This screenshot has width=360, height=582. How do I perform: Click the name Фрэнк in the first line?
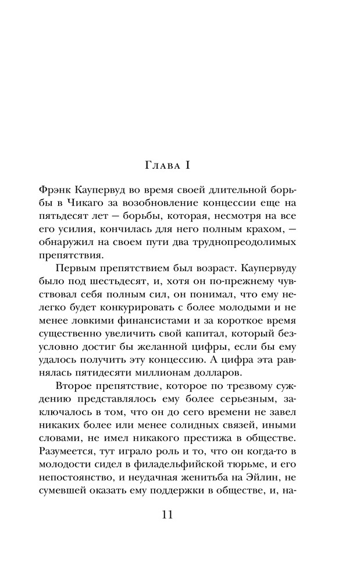tap(55, 190)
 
